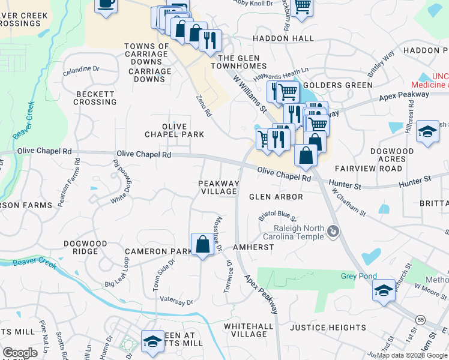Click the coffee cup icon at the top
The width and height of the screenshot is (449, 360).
(x=106, y=5)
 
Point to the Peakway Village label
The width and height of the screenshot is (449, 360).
(x=219, y=187)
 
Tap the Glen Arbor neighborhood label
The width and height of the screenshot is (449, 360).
(x=276, y=197)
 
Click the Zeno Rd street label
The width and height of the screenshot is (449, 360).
(x=204, y=105)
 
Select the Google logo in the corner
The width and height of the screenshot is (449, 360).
(x=20, y=353)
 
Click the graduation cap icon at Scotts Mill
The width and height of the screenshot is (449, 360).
(x=152, y=341)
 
